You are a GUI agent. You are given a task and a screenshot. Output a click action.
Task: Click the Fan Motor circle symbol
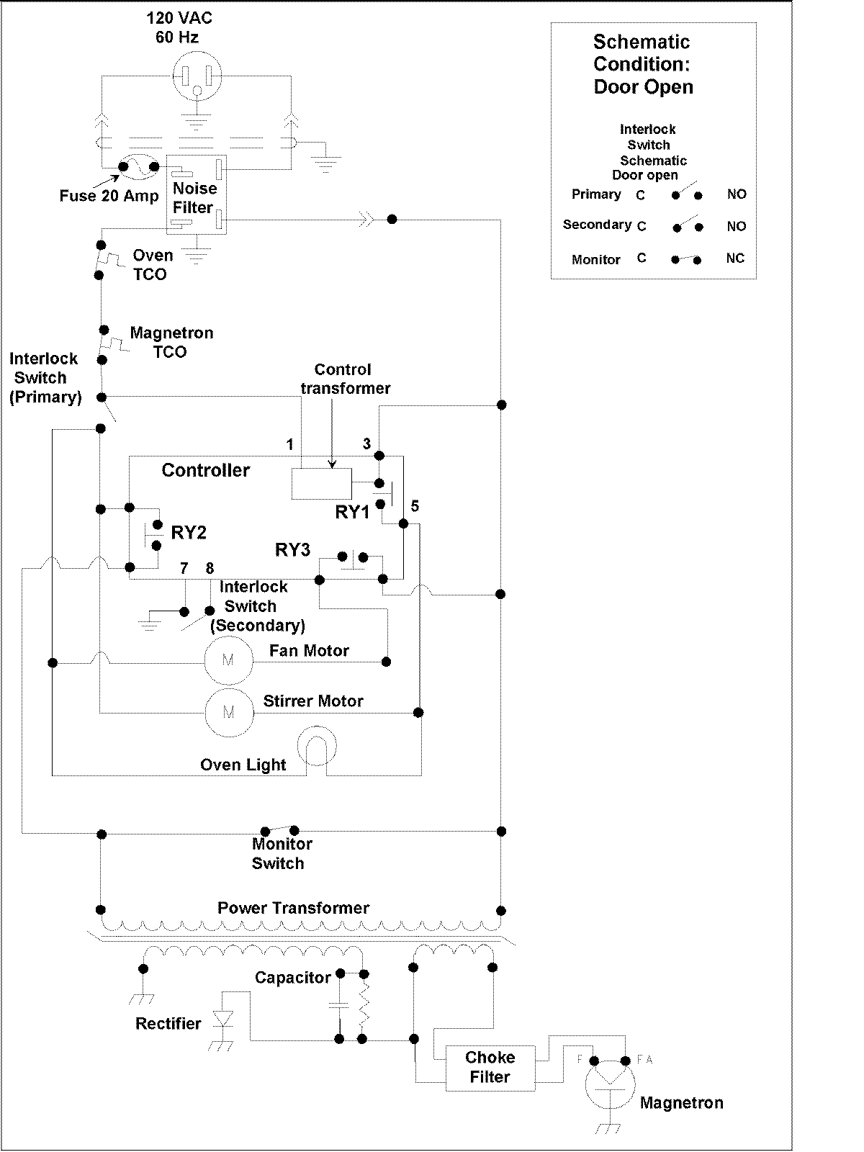228,660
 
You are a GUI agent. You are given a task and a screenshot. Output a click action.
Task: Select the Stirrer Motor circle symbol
229,712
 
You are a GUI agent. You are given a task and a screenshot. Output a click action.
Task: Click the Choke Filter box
490,1067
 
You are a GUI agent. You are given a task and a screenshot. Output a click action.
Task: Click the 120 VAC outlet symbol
197,78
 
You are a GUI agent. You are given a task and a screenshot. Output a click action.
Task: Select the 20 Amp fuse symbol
138,167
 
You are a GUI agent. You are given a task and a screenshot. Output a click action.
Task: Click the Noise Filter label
194,198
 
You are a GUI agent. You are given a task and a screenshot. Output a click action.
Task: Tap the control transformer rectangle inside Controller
322,483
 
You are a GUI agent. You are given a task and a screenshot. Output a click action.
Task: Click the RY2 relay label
189,533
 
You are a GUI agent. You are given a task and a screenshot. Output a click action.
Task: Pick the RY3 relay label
292,550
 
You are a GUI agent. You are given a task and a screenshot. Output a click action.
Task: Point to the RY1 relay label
352,513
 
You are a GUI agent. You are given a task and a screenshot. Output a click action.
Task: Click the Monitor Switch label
282,853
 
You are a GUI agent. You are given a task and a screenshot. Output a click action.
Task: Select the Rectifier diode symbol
224,1019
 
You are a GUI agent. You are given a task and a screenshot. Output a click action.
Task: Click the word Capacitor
292,978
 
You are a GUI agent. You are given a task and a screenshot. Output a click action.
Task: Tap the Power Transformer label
293,908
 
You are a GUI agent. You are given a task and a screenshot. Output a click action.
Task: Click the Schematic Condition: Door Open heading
643,64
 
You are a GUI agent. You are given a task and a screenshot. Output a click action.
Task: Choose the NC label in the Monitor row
735,258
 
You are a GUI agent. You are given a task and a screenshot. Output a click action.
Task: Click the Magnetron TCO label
171,343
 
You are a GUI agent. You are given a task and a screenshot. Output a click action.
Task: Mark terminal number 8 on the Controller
210,569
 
